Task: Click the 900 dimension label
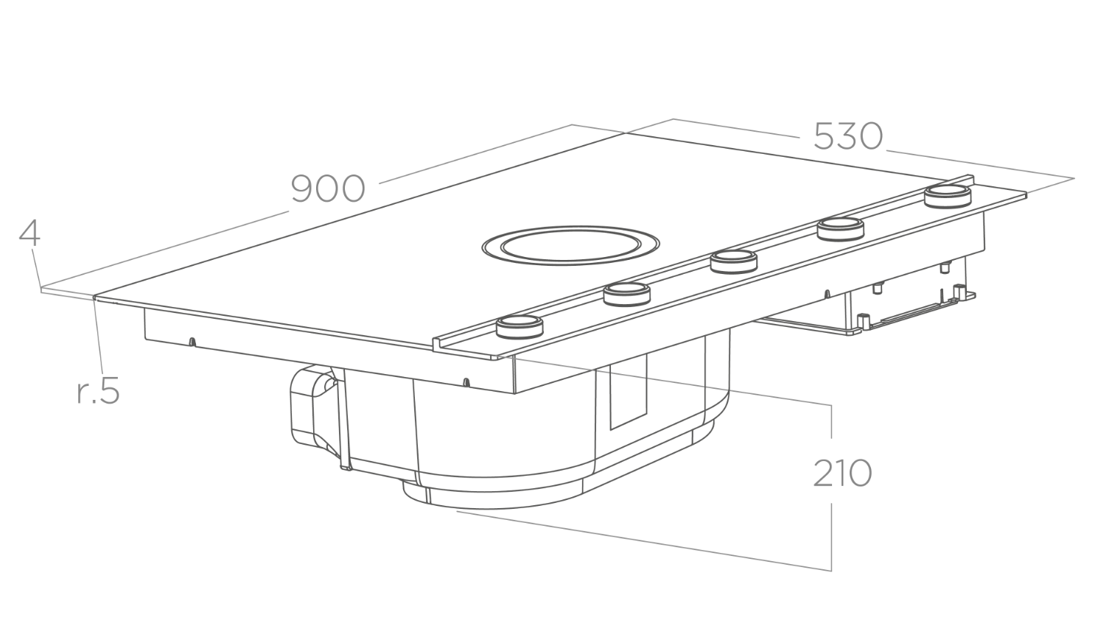(x=328, y=189)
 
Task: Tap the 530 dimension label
(x=848, y=135)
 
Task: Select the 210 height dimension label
(x=842, y=473)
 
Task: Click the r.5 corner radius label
(x=99, y=392)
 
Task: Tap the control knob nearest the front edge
(x=519, y=326)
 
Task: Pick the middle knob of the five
(x=733, y=261)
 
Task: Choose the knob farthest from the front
(x=948, y=197)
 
